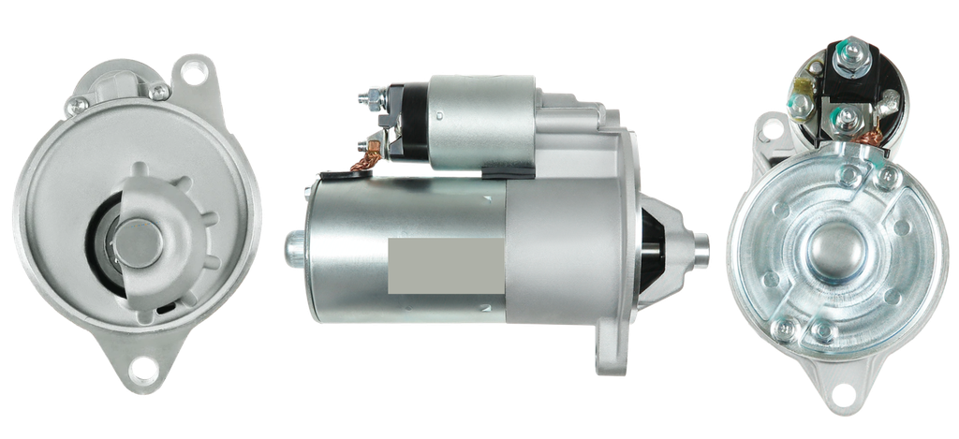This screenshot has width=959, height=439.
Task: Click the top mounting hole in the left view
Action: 195,71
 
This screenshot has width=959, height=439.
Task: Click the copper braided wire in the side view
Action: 361,164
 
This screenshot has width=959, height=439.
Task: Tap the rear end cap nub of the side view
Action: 292,245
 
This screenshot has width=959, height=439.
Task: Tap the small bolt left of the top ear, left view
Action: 162,91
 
